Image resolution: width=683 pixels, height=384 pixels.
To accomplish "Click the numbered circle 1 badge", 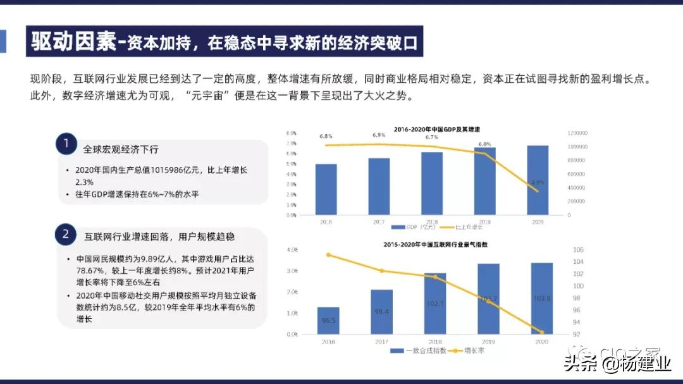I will click(66, 145).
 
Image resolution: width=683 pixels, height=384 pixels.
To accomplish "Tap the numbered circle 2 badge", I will click(66, 235).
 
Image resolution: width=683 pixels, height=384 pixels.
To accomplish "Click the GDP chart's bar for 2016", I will click(326, 189).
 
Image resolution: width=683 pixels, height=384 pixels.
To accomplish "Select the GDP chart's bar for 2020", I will click(538, 180).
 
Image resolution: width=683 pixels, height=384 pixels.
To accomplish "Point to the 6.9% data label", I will click(379, 135).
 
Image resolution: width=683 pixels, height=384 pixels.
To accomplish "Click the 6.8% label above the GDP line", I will click(326, 137).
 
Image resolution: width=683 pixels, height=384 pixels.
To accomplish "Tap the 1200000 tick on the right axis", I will click(577, 133).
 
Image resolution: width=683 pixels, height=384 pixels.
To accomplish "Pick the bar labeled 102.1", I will click(434, 304).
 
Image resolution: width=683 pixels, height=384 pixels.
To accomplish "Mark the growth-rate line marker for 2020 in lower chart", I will click(541, 332).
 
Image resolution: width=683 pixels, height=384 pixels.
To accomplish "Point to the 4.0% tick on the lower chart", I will click(292, 250).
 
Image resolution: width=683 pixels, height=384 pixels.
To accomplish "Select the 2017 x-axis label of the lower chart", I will click(381, 341).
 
